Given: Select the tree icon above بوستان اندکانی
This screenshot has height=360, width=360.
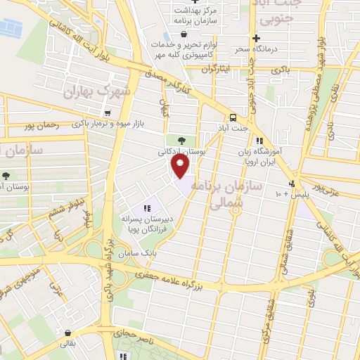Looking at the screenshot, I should pyautogui.click(x=181, y=139).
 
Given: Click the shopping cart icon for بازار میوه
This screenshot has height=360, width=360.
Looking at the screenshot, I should pyautogui.click(x=107, y=112).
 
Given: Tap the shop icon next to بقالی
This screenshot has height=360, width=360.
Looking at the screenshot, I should pyautogui.click(x=67, y=333).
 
